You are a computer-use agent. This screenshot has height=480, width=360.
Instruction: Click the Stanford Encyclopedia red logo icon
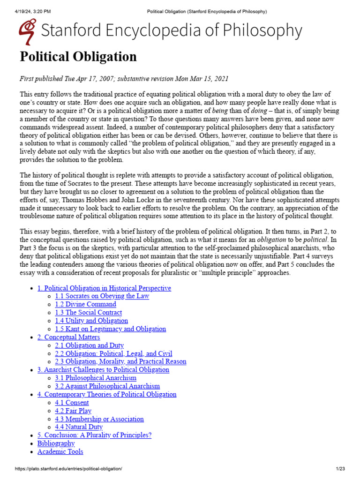point(28,31)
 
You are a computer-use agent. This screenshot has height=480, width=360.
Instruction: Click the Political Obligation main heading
point(78,57)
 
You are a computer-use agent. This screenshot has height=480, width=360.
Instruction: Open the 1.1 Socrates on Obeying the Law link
point(102,296)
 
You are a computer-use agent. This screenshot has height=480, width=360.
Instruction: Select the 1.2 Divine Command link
point(85,304)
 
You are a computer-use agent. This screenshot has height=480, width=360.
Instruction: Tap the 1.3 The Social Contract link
point(88,313)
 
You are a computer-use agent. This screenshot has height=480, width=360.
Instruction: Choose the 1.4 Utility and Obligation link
point(91,321)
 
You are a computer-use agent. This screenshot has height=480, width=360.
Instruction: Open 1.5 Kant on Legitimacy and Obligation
point(110,329)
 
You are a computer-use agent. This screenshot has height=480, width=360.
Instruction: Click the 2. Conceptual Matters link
point(68,337)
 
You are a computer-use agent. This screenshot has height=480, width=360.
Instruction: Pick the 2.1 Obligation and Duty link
point(89,345)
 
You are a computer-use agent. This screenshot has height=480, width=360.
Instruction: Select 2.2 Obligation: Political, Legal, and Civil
point(113,353)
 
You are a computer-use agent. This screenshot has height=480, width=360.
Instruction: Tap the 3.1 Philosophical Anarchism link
point(96,378)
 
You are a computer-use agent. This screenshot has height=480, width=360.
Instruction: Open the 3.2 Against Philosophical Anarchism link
point(107,386)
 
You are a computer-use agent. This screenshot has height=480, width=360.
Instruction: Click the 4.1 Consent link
point(71,403)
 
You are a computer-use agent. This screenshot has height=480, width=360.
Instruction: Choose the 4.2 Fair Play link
point(73,411)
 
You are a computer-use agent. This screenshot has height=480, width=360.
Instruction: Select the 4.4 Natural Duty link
point(79,427)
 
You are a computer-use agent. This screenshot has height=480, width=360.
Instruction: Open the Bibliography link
point(56,443)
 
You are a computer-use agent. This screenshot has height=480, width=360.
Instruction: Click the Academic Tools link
point(60,452)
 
